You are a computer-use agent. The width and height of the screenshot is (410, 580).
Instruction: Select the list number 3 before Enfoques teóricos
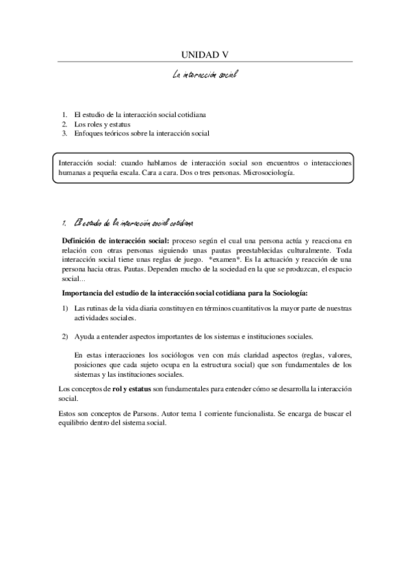point(64,133)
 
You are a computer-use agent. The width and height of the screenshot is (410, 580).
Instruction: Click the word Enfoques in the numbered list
point(88,133)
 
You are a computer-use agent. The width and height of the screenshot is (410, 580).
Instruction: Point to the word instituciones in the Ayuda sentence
point(266,337)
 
